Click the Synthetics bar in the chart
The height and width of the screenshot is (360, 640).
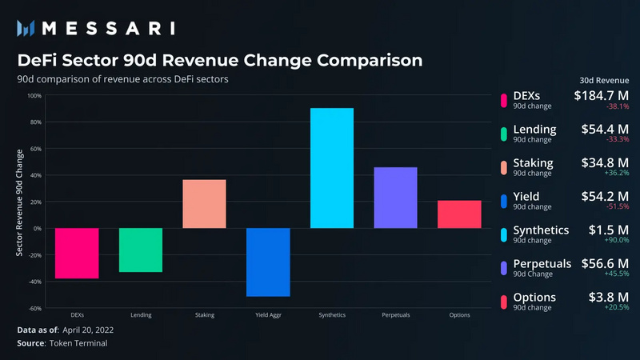pyautogui.click(x=331, y=168)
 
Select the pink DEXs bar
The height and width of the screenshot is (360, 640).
pyautogui.click(x=76, y=253)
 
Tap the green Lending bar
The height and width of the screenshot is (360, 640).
pyautogui.click(x=140, y=250)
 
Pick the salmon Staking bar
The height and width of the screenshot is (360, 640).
pyautogui.click(x=204, y=204)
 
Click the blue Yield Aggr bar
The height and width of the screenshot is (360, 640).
pyautogui.click(x=268, y=262)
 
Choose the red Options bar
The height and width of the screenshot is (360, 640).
pyautogui.click(x=459, y=214)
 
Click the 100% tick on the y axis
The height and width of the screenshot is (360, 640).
pyautogui.click(x=35, y=96)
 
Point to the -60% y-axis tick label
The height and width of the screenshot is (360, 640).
pyautogui.click(x=34, y=308)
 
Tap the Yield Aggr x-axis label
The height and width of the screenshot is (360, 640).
pyautogui.click(x=268, y=315)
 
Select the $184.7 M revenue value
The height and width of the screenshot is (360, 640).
pyautogui.click(x=602, y=96)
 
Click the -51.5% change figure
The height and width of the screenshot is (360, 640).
pyautogui.click(x=617, y=206)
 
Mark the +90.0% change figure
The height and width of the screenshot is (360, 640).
pyautogui.click(x=617, y=240)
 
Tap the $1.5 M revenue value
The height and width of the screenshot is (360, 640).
pyautogui.click(x=614, y=230)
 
